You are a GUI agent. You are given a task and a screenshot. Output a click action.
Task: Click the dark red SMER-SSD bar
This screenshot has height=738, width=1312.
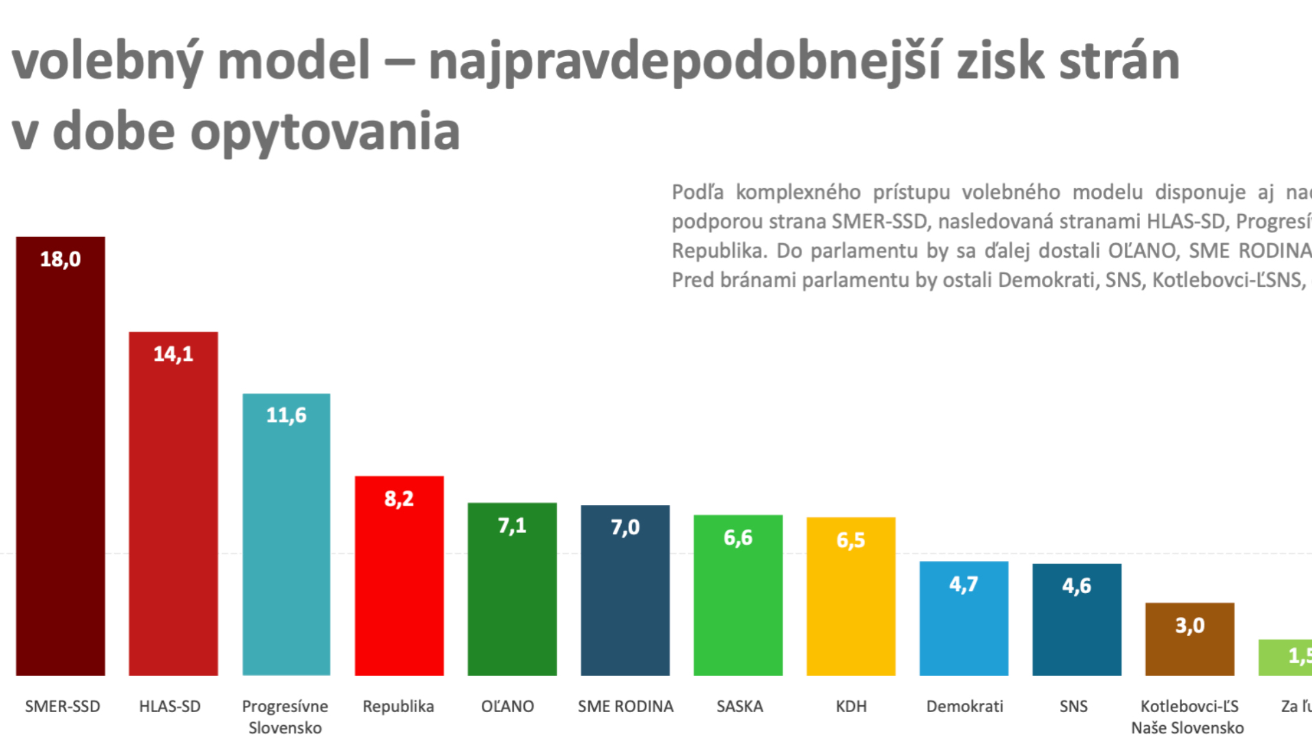tap(60, 465)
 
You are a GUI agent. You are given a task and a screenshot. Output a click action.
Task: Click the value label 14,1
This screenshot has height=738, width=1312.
tap(173, 354)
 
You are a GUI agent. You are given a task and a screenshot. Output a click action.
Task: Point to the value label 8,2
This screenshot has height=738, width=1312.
tap(398, 499)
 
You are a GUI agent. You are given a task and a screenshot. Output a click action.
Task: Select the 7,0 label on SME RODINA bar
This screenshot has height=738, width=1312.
tap(625, 528)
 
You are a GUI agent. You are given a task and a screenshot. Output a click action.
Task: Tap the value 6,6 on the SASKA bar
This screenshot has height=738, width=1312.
tap(737, 538)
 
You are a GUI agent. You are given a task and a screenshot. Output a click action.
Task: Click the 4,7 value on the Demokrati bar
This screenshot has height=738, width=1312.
tap(963, 584)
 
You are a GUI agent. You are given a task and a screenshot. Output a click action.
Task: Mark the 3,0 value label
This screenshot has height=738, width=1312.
tap(1189, 625)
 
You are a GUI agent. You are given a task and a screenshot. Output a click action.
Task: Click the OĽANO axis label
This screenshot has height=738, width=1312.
tap(507, 707)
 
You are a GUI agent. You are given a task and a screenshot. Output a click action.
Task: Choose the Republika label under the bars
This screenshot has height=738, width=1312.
tap(398, 707)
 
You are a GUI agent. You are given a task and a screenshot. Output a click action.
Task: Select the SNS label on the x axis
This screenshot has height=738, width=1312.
tap(1073, 707)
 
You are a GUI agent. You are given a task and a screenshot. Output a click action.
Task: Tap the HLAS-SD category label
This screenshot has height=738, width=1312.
tap(169, 707)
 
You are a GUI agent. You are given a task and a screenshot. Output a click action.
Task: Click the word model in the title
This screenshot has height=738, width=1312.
tap(294, 61)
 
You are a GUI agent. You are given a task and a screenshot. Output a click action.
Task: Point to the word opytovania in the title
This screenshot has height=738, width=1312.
tap(325, 132)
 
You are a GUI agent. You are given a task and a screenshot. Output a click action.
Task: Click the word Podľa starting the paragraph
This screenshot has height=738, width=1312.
tap(697, 193)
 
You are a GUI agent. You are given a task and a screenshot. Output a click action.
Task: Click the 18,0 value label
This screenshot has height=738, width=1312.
tap(60, 260)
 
